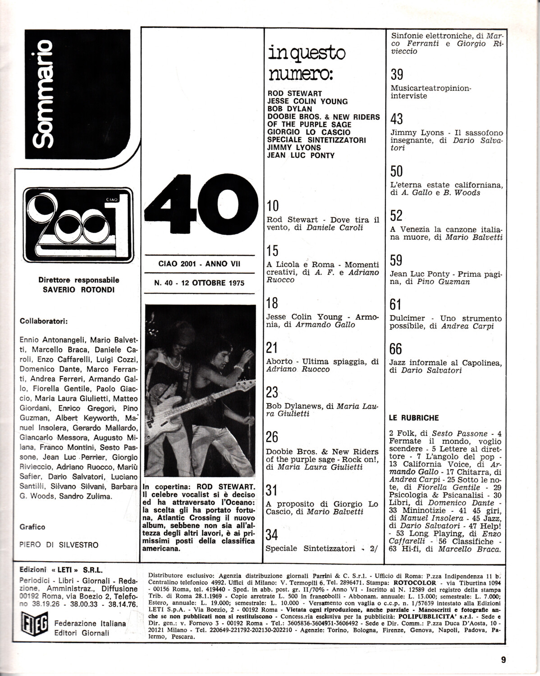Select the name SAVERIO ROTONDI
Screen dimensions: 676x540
[79, 290]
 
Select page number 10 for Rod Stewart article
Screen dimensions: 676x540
[273, 206]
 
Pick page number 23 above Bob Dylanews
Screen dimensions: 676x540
[272, 392]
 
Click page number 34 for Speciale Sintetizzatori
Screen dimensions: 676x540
[272, 535]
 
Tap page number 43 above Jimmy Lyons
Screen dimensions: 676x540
[397, 119]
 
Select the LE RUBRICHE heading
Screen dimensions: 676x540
[413, 418]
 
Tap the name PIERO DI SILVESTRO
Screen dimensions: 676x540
[59, 545]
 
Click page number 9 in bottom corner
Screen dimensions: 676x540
[503, 661]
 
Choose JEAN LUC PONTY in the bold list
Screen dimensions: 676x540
[301, 155]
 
